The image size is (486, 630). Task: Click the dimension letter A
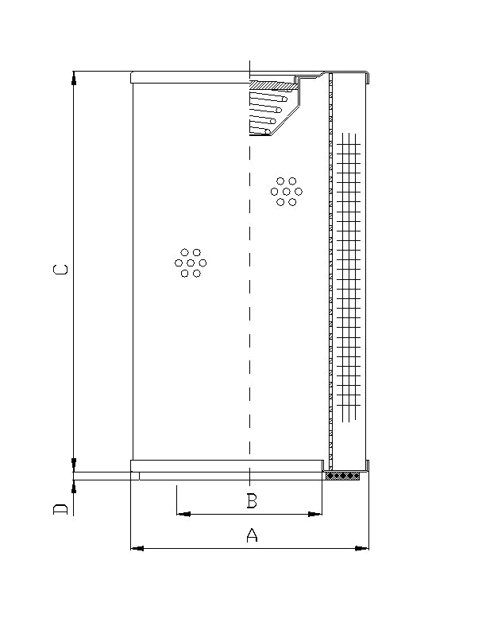[252, 535]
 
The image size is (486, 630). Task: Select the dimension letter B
[251, 501]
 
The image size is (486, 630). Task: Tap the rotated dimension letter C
[60, 270]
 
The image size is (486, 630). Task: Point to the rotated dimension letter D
[60, 508]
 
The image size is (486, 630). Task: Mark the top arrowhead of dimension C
[73, 78]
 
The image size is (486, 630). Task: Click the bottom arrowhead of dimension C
[73, 464]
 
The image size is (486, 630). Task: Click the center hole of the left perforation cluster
[191, 262]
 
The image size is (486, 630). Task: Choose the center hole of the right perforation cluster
[287, 192]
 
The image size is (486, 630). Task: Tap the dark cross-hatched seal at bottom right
[343, 476]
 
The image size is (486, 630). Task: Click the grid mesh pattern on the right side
[349, 278]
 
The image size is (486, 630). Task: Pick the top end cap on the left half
[191, 77]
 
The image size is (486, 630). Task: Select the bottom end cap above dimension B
[226, 465]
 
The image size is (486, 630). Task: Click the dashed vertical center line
[250, 318]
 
